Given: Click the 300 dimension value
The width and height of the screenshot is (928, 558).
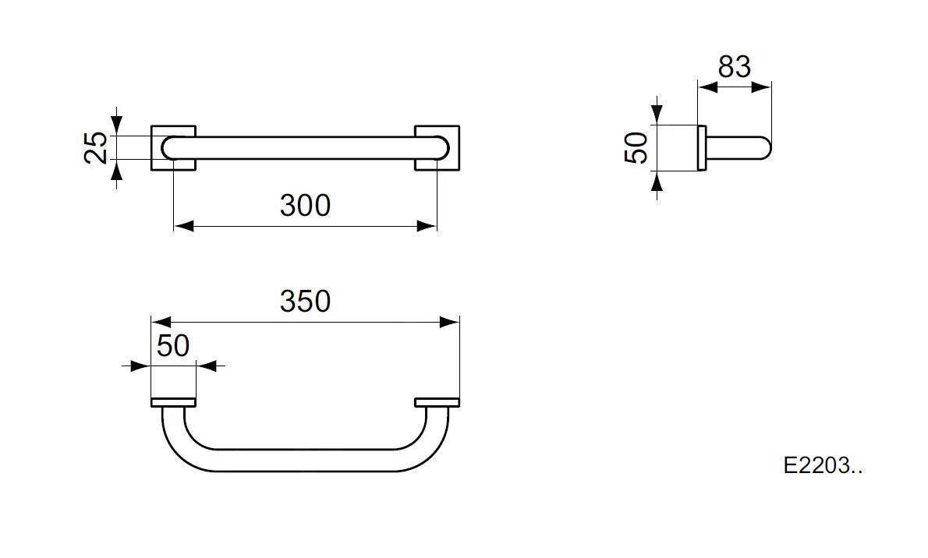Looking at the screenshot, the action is pyautogui.click(x=305, y=205).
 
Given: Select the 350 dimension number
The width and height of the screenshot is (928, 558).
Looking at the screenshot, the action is pyautogui.click(x=305, y=301).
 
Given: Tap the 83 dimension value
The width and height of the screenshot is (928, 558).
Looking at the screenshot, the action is pyautogui.click(x=735, y=67).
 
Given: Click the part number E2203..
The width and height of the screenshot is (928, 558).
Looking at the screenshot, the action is pyautogui.click(x=823, y=466).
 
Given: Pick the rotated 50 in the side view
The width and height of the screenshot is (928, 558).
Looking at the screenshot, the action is pyautogui.click(x=637, y=148).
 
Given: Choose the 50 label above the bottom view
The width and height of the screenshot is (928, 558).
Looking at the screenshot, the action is pyautogui.click(x=173, y=345).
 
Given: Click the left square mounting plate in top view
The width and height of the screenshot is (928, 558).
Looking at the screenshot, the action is pyautogui.click(x=173, y=148).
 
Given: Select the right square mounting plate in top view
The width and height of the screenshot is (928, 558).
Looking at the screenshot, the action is pyautogui.click(x=437, y=148).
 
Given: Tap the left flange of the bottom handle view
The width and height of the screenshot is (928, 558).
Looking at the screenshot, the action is pyautogui.click(x=173, y=402).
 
